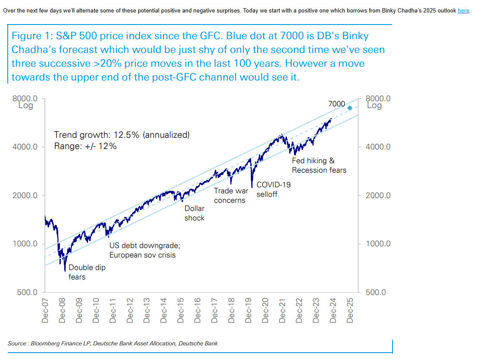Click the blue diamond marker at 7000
(x=350, y=108)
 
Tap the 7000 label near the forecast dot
(x=337, y=104)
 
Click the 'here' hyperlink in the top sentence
(x=463, y=10)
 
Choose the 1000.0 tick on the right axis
(x=378, y=244)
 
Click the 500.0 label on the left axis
(x=28, y=292)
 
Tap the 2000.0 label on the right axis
(x=378, y=196)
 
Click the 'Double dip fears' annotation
(x=87, y=272)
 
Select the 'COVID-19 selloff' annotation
(x=273, y=189)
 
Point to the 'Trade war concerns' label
(x=230, y=195)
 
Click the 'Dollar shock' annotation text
(x=194, y=213)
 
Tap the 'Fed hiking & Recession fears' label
(x=319, y=165)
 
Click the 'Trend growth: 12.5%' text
(x=122, y=135)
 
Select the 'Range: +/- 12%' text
(x=85, y=146)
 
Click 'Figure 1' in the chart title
(x=31, y=36)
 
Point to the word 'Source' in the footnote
(x=18, y=343)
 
